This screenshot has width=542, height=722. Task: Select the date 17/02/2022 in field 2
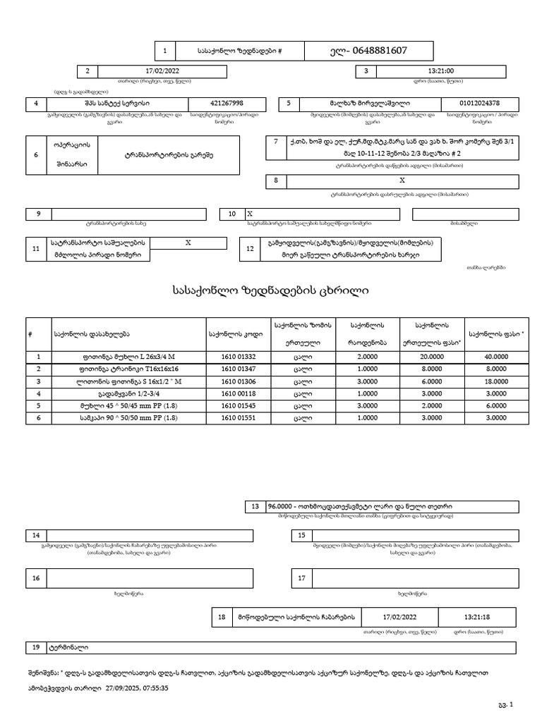163,71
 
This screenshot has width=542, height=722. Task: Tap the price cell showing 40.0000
496,357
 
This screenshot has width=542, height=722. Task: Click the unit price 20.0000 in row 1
431,357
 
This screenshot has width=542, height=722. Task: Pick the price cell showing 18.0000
496,381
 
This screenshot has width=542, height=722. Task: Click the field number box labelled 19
35,647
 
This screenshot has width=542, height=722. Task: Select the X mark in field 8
392,180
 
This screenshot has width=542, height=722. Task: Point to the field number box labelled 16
35,579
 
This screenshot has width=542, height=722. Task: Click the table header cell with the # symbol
30,334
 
